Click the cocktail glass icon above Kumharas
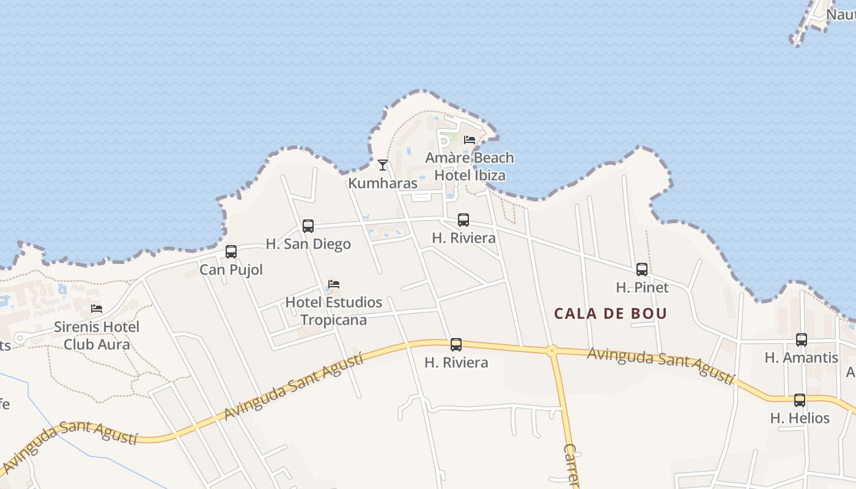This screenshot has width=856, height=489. pyautogui.click(x=383, y=164)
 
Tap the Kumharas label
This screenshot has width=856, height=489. pyautogui.click(x=383, y=183)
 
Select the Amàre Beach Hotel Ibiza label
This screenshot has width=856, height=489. pyautogui.click(x=470, y=166)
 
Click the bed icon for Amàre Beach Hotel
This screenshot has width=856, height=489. pyautogui.click(x=470, y=140)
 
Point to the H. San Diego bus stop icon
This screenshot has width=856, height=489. pyautogui.click(x=308, y=226)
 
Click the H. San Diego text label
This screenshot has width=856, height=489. pyautogui.click(x=308, y=244)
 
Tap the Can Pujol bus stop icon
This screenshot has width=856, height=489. pyautogui.click(x=231, y=252)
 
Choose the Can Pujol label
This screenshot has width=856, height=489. pyautogui.click(x=231, y=270)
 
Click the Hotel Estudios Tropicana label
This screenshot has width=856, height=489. pyautogui.click(x=334, y=311)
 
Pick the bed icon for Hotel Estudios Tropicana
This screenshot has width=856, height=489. pyautogui.click(x=334, y=284)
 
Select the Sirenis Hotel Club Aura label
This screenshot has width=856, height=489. pyautogui.click(x=97, y=335)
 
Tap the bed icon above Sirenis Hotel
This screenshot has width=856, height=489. pyautogui.click(x=97, y=309)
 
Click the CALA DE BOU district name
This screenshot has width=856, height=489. pyautogui.click(x=610, y=314)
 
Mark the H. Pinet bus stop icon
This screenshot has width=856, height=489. pyautogui.click(x=642, y=270)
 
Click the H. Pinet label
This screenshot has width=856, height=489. pyautogui.click(x=642, y=287)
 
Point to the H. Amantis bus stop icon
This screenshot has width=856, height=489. pyautogui.click(x=802, y=340)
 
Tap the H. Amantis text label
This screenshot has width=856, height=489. pyautogui.click(x=802, y=358)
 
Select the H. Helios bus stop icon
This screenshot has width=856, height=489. pyautogui.click(x=800, y=400)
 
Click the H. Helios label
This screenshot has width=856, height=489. pyautogui.click(x=800, y=418)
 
